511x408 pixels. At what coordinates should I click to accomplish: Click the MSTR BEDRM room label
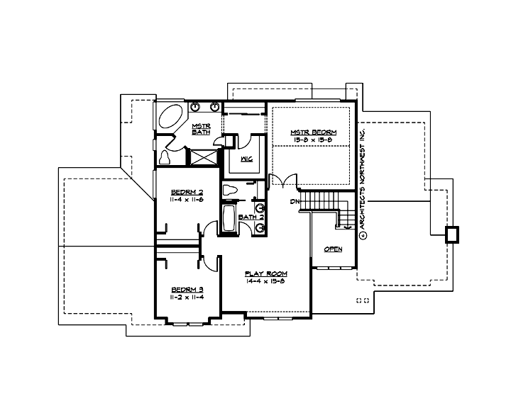click(x=313, y=132)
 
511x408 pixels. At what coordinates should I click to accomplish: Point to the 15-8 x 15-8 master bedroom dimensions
click(x=313, y=140)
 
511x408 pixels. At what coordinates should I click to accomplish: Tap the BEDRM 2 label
click(x=187, y=193)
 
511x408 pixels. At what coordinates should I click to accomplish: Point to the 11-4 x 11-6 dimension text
click(x=187, y=200)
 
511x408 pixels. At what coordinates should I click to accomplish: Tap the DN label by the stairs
click(x=294, y=203)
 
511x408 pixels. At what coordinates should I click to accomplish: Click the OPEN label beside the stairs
click(x=333, y=249)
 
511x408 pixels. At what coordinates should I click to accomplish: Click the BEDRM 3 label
click(x=187, y=290)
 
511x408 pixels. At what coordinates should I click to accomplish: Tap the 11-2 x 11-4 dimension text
click(x=187, y=297)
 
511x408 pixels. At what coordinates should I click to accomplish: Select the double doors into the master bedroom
click(x=282, y=182)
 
